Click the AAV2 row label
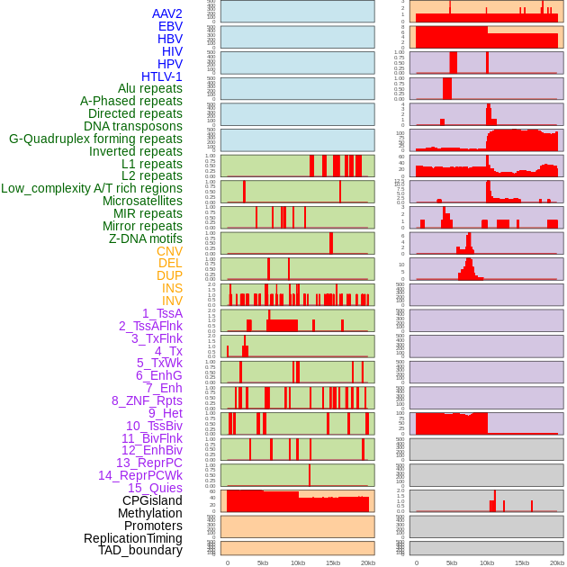click(167, 13)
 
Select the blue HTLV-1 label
click(162, 76)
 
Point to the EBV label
click(170, 26)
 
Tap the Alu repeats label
click(150, 88)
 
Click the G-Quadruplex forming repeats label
click(95, 139)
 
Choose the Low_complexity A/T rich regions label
click(92, 188)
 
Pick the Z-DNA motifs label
click(146, 238)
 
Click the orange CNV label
click(169, 251)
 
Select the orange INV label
click(172, 301)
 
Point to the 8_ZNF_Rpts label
click(147, 400)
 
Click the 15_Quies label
click(155, 488)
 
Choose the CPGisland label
click(152, 500)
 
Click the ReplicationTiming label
click(132, 538)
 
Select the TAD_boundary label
click(140, 550)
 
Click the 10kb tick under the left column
click(298, 562)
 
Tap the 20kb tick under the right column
click(557, 562)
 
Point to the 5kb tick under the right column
click(452, 562)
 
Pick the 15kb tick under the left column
click(333, 562)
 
